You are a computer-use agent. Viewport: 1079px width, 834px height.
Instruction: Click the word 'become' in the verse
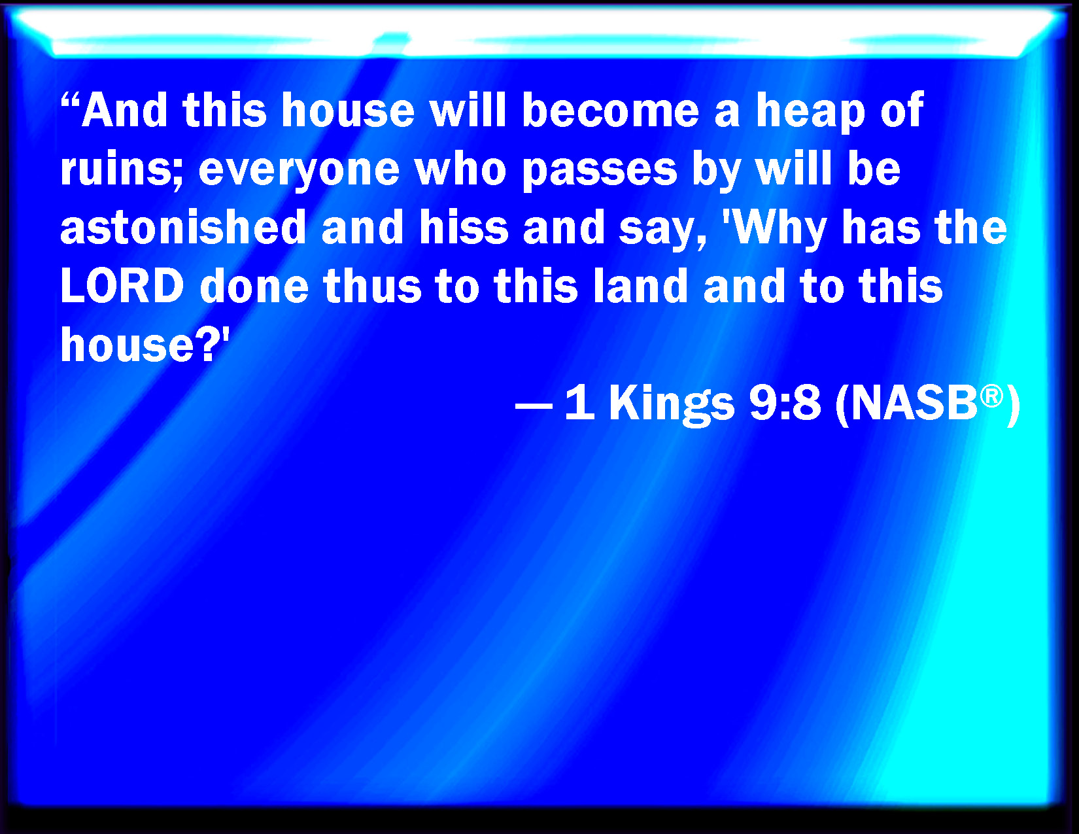click(610, 109)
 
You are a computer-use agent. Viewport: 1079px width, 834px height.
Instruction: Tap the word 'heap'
click(810, 113)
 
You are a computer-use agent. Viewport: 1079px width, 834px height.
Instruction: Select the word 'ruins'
click(117, 168)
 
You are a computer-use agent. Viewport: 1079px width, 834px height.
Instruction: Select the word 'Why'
click(775, 230)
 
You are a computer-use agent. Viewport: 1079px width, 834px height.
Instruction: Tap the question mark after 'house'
click(207, 344)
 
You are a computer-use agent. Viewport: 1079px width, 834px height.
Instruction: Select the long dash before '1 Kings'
click(534, 406)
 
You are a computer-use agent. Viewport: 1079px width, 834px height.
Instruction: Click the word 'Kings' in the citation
click(672, 406)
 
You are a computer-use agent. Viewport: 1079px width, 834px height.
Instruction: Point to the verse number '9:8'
click(785, 403)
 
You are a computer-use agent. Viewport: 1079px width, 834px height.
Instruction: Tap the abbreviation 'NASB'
click(915, 403)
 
